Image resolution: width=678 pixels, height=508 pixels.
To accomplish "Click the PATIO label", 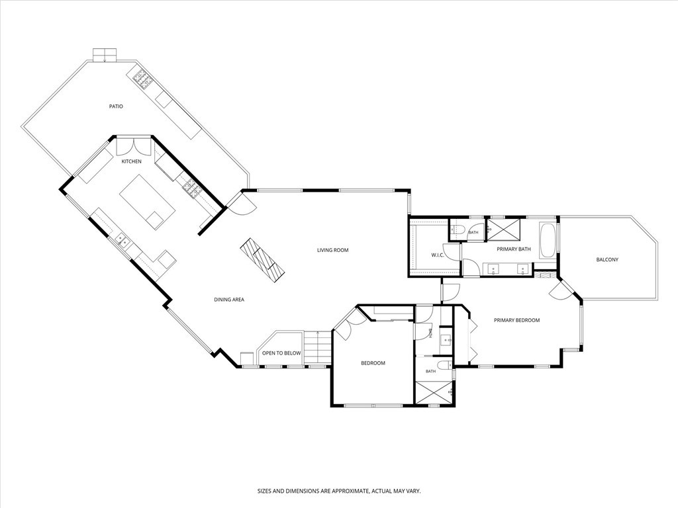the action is click(x=116, y=106).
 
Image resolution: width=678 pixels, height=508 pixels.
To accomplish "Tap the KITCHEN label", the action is click(x=131, y=161).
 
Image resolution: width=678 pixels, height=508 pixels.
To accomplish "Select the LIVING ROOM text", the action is click(x=332, y=250).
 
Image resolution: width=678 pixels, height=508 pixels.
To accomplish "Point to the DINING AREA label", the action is click(x=229, y=300).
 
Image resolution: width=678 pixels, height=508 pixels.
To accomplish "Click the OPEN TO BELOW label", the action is click(x=281, y=353).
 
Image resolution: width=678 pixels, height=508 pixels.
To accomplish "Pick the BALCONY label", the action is click(x=607, y=259).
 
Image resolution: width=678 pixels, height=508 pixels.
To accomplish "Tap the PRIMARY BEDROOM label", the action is click(x=516, y=320).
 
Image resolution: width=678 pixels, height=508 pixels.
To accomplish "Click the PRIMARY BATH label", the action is click(x=513, y=249).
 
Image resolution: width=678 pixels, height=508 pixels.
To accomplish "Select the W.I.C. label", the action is click(x=438, y=255).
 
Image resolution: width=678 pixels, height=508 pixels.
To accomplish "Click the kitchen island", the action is click(x=148, y=202).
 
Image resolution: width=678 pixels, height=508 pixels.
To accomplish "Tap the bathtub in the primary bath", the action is click(x=548, y=241).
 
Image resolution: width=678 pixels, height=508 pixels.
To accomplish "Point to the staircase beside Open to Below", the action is click(x=317, y=348).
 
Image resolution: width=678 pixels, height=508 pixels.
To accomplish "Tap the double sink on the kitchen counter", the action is click(x=122, y=241).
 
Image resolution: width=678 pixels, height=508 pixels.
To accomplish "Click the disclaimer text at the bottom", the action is click(x=339, y=491).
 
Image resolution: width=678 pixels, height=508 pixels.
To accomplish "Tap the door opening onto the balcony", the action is click(x=562, y=288).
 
